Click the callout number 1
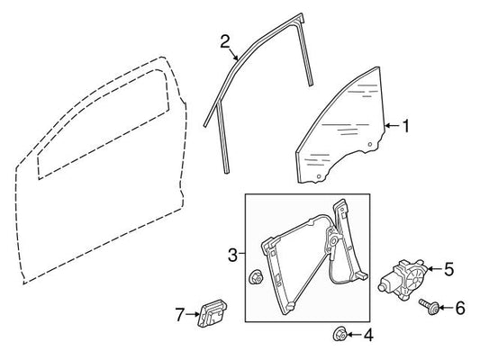[x=406, y=126]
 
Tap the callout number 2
[x=225, y=41]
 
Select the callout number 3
[x=232, y=255]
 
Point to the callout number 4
[x=368, y=335]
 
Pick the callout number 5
[x=448, y=269]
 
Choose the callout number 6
[x=460, y=308]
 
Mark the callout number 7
[x=180, y=314]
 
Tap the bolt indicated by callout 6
[x=430, y=307]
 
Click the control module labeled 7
[x=213, y=312]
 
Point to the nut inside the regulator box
[x=255, y=278]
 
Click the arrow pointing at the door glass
[x=393, y=126]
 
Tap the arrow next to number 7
[x=193, y=314]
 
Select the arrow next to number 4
[x=354, y=335]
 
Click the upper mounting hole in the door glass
[x=370, y=144]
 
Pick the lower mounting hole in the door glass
[x=319, y=176]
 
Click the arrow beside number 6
[x=447, y=308]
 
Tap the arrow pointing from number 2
[x=233, y=53]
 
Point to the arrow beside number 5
[x=434, y=269]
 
